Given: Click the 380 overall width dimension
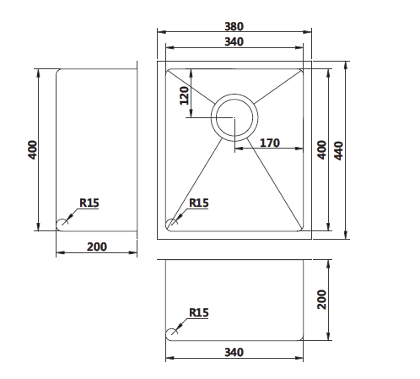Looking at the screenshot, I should [x=234, y=25].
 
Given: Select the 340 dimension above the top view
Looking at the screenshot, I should [x=234, y=41].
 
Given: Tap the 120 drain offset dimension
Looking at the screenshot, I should [x=184, y=98].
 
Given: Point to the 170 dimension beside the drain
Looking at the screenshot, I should [x=269, y=143].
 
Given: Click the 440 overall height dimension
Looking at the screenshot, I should [x=340, y=149].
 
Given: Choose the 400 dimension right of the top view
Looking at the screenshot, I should [x=320, y=149].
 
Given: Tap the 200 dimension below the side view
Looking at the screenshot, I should [x=97, y=246].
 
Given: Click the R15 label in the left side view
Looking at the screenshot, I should [x=89, y=203].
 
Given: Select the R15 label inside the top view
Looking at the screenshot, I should [x=199, y=203].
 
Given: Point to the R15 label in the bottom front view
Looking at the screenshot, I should [x=199, y=312].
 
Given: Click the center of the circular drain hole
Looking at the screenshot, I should [x=234, y=117].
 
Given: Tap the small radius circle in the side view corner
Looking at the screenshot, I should [x=62, y=224].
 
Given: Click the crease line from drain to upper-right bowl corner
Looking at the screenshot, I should [x=274, y=87].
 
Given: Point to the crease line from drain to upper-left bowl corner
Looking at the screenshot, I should [x=192, y=87].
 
